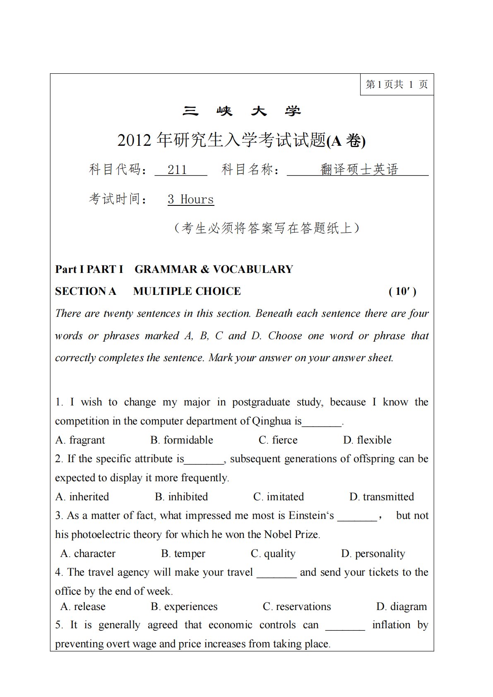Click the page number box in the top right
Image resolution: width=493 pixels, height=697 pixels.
click(x=397, y=84)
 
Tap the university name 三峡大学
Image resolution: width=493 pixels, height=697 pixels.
click(x=242, y=111)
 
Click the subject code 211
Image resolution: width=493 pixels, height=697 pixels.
click(x=178, y=169)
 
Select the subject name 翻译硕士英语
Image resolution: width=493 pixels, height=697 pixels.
click(x=359, y=169)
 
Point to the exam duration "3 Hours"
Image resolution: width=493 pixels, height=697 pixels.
click(x=191, y=199)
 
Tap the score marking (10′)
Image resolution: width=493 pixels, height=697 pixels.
click(x=402, y=291)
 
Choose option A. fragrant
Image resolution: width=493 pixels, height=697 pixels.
click(x=80, y=440)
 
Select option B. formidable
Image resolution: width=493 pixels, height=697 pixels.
click(x=182, y=440)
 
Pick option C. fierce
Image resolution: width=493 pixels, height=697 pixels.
click(x=278, y=440)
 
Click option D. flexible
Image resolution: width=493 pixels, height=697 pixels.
click(x=367, y=440)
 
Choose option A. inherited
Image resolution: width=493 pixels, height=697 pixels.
click(x=82, y=497)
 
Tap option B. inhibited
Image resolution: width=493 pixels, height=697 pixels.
click(x=181, y=497)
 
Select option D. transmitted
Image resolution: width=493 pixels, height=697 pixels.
click(x=382, y=497)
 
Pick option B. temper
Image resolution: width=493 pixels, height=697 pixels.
click(x=183, y=553)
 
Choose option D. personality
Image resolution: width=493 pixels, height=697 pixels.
click(x=373, y=553)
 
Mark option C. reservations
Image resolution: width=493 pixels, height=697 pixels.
click(x=297, y=606)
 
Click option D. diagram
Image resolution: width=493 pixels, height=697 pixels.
click(x=402, y=606)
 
